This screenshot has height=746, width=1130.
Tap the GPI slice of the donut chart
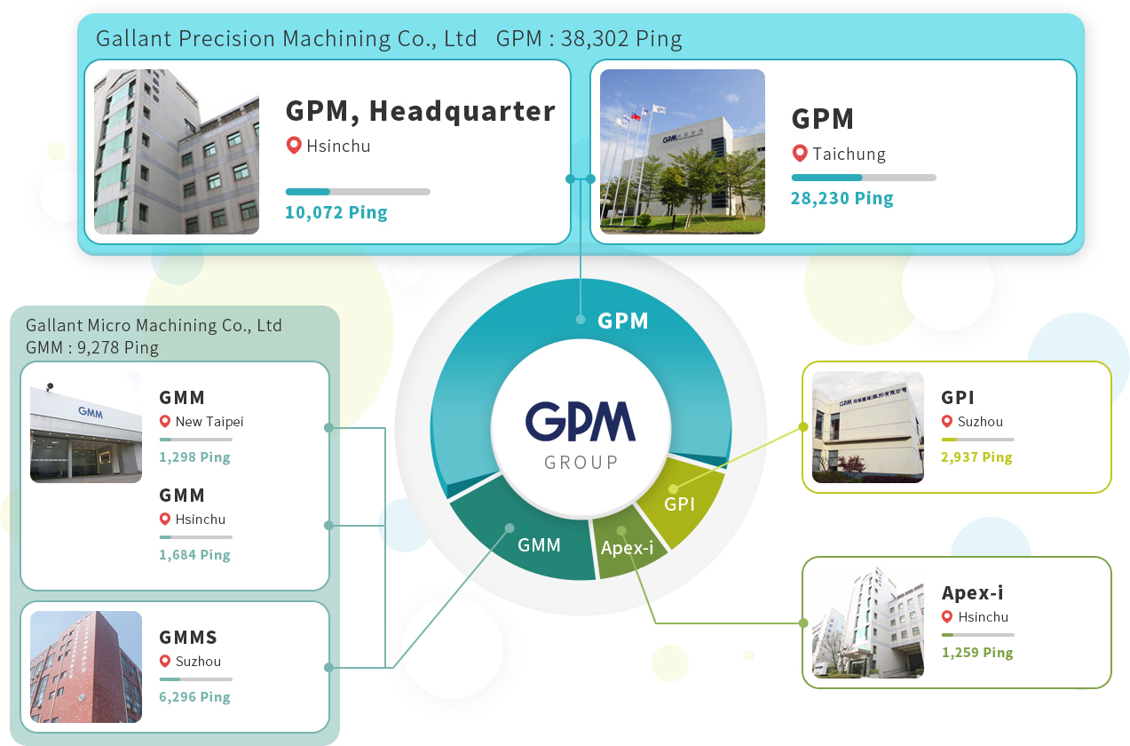tap(681, 503)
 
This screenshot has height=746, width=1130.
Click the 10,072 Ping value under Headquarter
tap(336, 212)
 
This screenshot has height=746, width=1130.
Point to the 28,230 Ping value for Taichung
tap(842, 198)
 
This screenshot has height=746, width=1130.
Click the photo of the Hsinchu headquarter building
tap(177, 152)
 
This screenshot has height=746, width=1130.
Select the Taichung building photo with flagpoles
tap(682, 152)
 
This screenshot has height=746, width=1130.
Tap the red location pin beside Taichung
tap(799, 154)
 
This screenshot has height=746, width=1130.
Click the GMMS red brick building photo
tap(86, 666)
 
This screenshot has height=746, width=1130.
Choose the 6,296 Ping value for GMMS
tap(194, 697)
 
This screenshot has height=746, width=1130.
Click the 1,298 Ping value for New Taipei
tap(194, 457)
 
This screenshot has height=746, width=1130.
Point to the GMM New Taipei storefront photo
tap(86, 433)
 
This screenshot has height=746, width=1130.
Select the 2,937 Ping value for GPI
tap(976, 457)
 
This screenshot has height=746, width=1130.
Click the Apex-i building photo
tap(867, 622)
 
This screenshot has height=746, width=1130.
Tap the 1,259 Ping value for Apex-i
tap(976, 653)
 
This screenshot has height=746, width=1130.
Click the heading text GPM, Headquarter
tap(420, 111)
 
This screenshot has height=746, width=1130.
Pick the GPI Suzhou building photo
tap(867, 427)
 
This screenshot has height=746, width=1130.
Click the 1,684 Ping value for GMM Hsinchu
tap(194, 555)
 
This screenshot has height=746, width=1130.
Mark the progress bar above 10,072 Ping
tap(358, 192)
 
